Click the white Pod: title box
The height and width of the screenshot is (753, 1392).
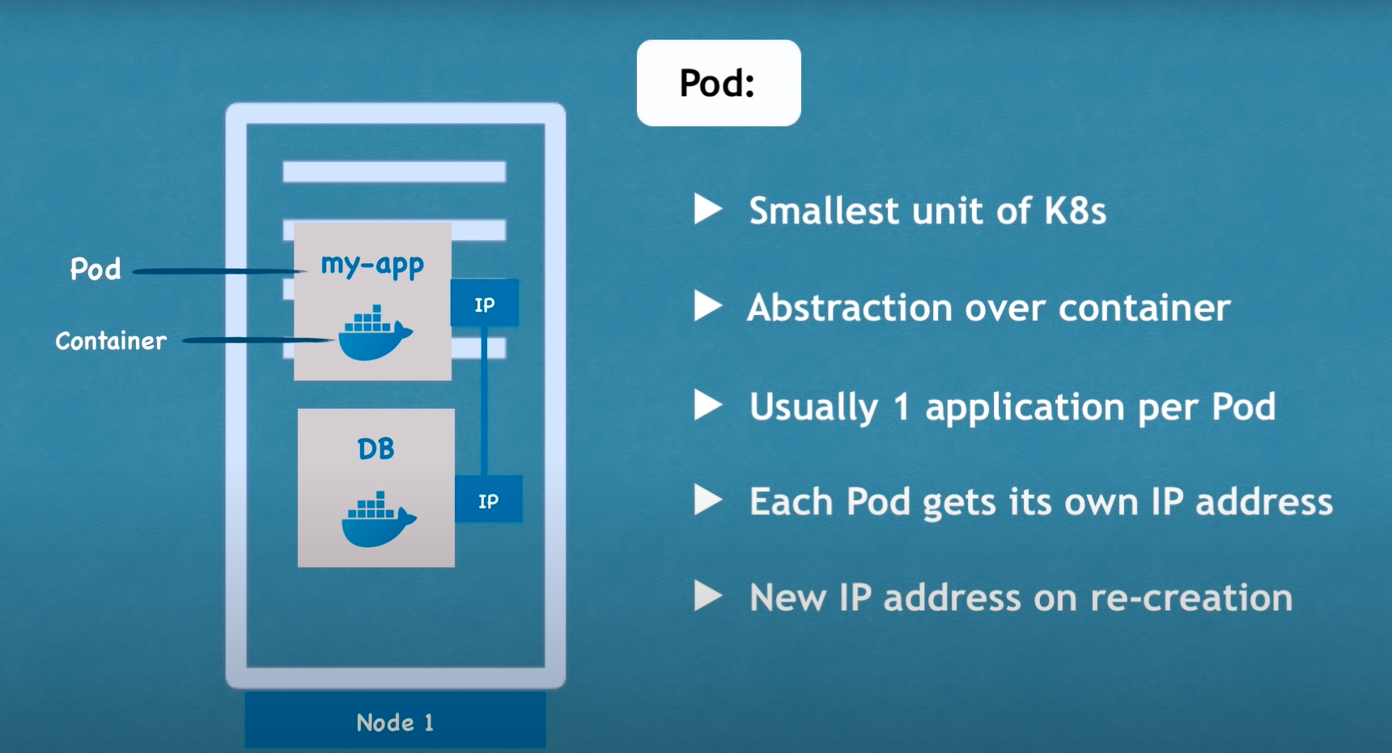pyautogui.click(x=719, y=83)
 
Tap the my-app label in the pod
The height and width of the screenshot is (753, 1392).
pyautogui.click(x=372, y=265)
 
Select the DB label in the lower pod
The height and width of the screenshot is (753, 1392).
pyautogui.click(x=376, y=449)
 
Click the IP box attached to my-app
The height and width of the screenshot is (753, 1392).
pyautogui.click(x=485, y=304)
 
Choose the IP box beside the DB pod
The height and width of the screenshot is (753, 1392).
pyautogui.click(x=488, y=500)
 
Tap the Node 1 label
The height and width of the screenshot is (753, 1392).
pyautogui.click(x=395, y=722)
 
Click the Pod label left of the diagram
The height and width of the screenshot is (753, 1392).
pyautogui.click(x=95, y=269)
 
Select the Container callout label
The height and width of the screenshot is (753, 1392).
pyautogui.click(x=111, y=341)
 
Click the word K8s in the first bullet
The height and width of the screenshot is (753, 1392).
pyautogui.click(x=1075, y=211)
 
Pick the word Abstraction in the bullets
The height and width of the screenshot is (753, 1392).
pyautogui.click(x=850, y=308)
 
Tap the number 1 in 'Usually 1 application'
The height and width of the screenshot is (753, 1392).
pyautogui.click(x=902, y=406)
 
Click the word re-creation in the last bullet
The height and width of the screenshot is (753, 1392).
pyautogui.click(x=1191, y=598)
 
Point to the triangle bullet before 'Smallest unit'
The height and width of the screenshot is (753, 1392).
pyautogui.click(x=707, y=209)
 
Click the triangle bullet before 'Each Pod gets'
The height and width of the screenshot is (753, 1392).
pyautogui.click(x=707, y=500)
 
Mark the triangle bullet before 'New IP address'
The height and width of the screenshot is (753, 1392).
pyautogui.click(x=707, y=597)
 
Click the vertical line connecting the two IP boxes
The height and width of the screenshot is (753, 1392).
pyautogui.click(x=485, y=401)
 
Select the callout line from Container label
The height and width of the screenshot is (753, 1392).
pyautogui.click(x=259, y=341)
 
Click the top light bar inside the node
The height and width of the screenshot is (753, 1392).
pyautogui.click(x=394, y=172)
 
